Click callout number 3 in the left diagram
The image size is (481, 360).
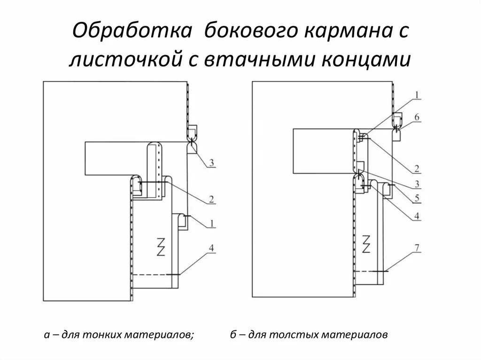pos(212,163)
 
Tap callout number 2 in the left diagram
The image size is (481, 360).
pos(212,199)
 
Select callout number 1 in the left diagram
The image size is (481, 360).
pos(212,224)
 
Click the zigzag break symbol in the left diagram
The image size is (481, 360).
pos(161,246)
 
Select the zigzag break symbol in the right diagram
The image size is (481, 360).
pos(366,244)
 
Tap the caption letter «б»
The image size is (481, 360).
pos(233,335)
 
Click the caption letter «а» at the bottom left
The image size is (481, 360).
pos(46,335)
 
